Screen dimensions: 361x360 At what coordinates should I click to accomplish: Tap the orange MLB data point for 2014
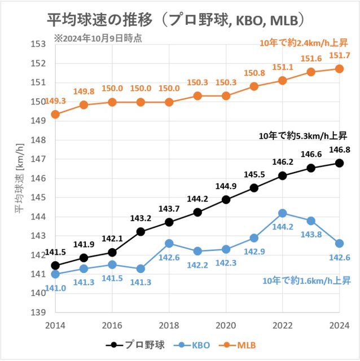pos(55,114)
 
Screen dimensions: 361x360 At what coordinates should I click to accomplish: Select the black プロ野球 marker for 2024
pos(339,162)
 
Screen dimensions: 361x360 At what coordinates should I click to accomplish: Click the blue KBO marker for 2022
pos(283,213)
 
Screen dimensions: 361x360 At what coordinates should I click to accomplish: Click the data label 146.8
pos(339,149)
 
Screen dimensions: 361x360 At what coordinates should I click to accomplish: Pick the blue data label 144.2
pos(282,226)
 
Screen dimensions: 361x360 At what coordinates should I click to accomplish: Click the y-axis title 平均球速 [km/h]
pos(19,178)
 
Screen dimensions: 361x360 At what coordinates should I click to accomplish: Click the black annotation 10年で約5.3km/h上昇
pos(302,135)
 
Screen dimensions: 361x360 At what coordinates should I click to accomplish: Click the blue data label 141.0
pos(55,288)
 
